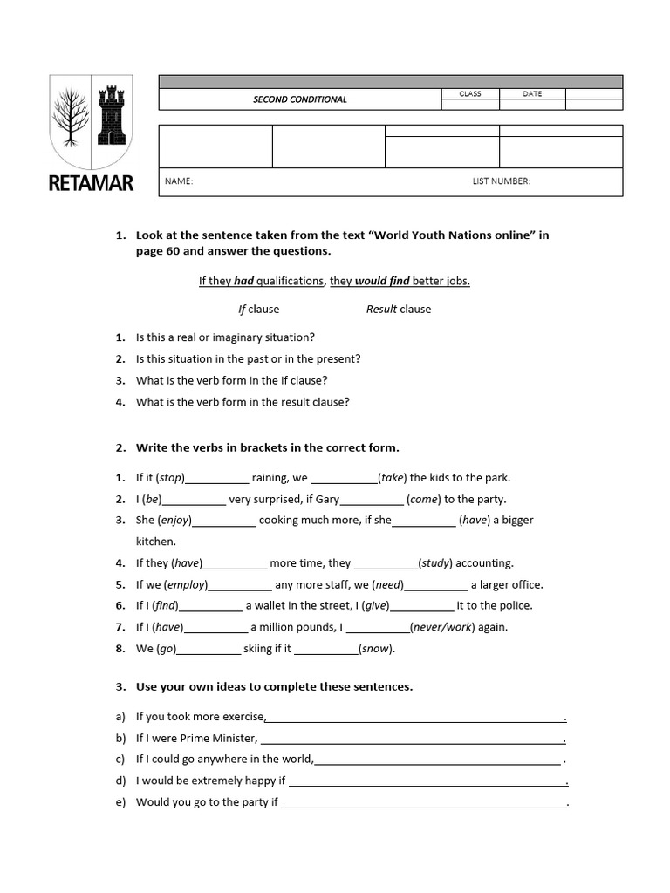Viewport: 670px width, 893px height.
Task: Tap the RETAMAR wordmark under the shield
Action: (x=90, y=185)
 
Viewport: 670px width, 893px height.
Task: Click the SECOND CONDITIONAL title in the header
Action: (x=299, y=99)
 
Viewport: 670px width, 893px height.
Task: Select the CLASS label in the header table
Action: (x=470, y=93)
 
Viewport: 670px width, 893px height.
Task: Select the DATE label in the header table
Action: (x=532, y=93)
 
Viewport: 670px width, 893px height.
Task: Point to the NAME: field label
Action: (x=178, y=181)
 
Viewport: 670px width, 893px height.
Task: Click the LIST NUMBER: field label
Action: (x=501, y=181)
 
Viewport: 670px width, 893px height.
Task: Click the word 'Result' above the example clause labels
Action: (x=381, y=309)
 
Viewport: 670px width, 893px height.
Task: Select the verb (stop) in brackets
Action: (x=170, y=477)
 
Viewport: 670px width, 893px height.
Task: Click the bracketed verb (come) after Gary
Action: (x=424, y=499)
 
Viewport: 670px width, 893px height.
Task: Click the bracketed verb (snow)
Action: (x=376, y=649)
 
